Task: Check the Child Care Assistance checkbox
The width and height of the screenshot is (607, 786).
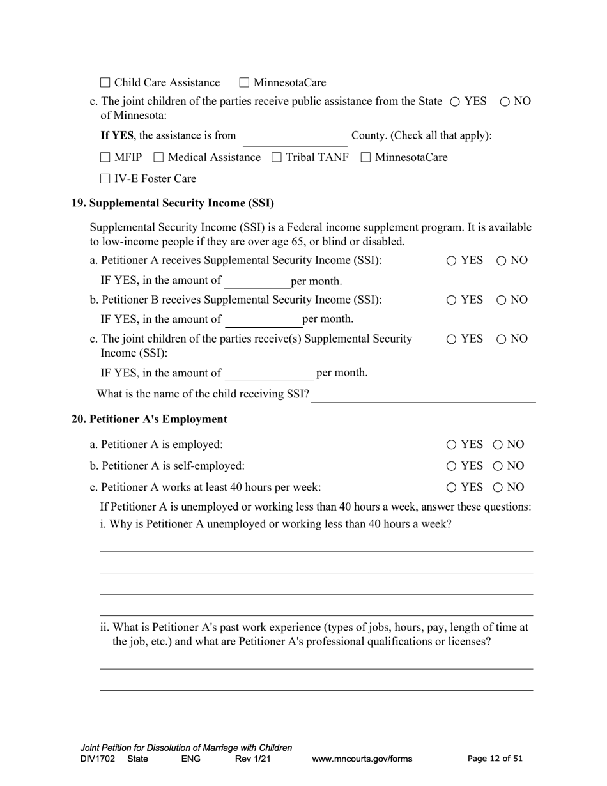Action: pyautogui.click(x=105, y=82)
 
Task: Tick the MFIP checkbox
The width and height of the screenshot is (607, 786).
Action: pyautogui.click(x=105, y=157)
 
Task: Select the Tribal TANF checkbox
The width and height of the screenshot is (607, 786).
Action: pyautogui.click(x=277, y=157)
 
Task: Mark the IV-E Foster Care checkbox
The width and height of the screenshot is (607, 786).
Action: pyautogui.click(x=105, y=179)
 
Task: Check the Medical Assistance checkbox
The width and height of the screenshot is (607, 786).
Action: pyautogui.click(x=159, y=157)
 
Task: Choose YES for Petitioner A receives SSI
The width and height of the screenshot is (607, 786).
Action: pyautogui.click(x=451, y=261)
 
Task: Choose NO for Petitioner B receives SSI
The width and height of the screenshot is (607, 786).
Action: pyautogui.click(x=502, y=300)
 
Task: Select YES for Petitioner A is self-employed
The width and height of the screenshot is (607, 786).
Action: pyautogui.click(x=451, y=466)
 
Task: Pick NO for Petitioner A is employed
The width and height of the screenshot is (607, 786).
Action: pyautogui.click(x=498, y=445)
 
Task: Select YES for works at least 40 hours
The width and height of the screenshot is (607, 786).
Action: pyautogui.click(x=451, y=488)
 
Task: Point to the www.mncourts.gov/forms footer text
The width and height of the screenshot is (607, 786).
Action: pyautogui.click(x=362, y=759)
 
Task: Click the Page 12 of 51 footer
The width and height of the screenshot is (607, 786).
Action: pyautogui.click(x=495, y=759)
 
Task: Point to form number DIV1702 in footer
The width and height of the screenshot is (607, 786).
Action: pyautogui.click(x=98, y=759)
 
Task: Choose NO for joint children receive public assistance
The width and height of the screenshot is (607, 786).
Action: pyautogui.click(x=505, y=102)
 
